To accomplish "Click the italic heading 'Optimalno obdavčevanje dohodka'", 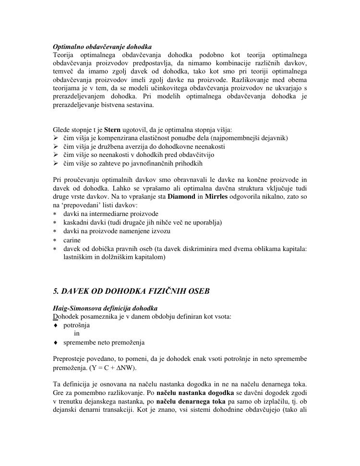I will point(102,47).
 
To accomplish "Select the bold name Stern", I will point(112,130).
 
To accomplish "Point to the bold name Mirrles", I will point(217,196).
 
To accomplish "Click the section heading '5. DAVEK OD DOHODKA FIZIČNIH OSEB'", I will point(131,291).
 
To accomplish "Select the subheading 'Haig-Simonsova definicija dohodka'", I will point(105,308).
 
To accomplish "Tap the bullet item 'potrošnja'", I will point(76,325).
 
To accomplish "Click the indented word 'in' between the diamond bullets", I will point(77,334).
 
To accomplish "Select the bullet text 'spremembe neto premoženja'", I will point(104,342).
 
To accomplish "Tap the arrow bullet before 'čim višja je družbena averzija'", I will point(55,146).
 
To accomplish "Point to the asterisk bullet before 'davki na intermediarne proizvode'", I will point(55,214).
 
